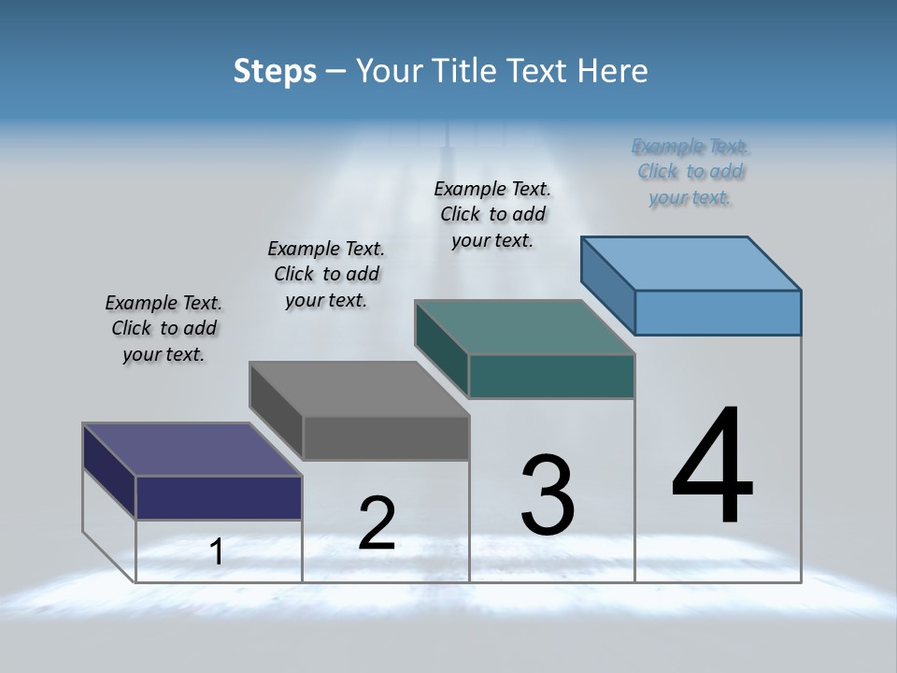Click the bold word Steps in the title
click(275, 71)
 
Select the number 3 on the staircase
click(548, 495)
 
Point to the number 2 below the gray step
click(377, 523)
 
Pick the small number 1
click(216, 551)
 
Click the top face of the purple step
click(192, 450)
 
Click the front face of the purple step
click(219, 497)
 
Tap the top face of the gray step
click(358, 389)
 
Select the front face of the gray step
click(386, 437)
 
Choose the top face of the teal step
click(524, 327)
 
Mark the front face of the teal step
click(551, 376)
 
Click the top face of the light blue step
click(691, 263)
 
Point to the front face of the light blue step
click(718, 312)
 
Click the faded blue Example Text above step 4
click(691, 172)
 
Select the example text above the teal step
click(492, 214)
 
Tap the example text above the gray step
click(326, 274)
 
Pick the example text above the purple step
click(164, 328)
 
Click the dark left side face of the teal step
click(441, 348)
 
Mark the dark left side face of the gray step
click(276, 409)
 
